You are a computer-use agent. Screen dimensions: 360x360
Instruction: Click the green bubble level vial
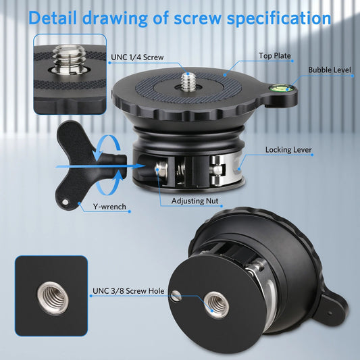(281, 88)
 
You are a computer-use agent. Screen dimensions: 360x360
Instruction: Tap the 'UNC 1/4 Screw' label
(137, 57)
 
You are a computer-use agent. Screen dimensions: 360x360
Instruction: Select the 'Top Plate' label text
(275, 55)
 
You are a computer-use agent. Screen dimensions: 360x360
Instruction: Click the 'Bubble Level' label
(330, 70)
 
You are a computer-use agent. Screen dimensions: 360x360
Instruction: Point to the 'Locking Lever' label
(288, 150)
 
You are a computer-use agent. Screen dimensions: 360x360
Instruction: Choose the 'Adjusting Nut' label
(195, 201)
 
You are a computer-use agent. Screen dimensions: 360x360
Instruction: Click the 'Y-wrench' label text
(109, 207)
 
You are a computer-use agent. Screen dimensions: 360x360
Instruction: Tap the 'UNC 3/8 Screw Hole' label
(128, 291)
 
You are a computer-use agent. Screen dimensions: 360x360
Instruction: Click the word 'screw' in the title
(197, 18)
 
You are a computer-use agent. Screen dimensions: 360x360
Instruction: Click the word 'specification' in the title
(279, 18)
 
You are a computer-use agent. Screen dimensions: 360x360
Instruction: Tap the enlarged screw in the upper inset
(69, 59)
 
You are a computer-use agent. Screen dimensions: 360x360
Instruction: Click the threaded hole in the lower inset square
(52, 299)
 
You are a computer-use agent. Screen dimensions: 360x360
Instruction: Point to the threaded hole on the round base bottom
(216, 305)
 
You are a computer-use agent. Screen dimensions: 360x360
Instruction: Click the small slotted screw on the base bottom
(176, 296)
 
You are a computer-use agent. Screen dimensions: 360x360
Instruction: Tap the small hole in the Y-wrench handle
(65, 202)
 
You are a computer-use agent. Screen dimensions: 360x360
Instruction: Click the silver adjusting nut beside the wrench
(161, 171)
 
